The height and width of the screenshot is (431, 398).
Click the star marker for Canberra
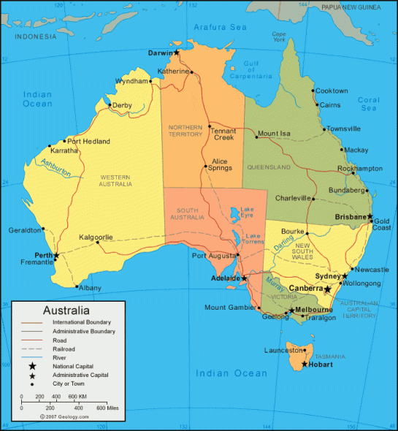[328, 289]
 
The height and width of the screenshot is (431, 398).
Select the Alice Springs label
[220, 164]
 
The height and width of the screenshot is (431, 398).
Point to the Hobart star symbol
[305, 363]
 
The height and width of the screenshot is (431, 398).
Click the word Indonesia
[35, 36]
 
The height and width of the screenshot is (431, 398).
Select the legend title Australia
[66, 310]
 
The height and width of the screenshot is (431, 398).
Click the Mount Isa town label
[274, 134]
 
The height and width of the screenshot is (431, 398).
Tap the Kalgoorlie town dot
[97, 243]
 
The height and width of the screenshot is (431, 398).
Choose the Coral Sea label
[368, 104]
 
